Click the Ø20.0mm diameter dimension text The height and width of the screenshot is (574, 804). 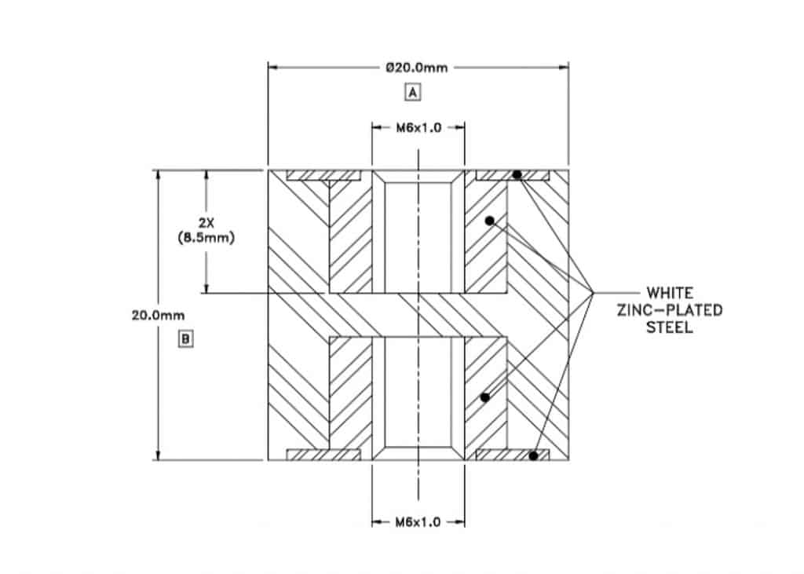point(417,68)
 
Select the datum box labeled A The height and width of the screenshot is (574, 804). point(412,93)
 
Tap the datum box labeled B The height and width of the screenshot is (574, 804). point(186,339)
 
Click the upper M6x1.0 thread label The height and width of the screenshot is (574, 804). point(418,128)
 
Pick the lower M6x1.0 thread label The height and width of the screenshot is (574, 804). point(418,521)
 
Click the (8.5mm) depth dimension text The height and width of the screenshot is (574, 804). point(206,238)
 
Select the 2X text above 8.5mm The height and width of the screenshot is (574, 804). point(206,223)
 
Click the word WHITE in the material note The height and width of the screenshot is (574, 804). point(669,293)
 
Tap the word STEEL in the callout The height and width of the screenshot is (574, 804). point(669,328)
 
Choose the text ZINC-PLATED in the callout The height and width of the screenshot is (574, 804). point(669,311)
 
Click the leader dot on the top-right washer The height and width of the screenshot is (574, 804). point(517,174)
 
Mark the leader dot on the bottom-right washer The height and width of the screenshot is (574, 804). point(533,455)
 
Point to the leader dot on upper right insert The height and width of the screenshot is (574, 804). point(489,221)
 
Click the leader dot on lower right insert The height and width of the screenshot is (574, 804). point(484,397)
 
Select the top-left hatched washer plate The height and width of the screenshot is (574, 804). point(323,175)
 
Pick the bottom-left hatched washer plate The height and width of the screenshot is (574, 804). point(323,455)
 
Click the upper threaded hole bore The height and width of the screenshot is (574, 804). point(418,236)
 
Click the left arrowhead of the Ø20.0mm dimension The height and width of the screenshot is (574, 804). point(273,68)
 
